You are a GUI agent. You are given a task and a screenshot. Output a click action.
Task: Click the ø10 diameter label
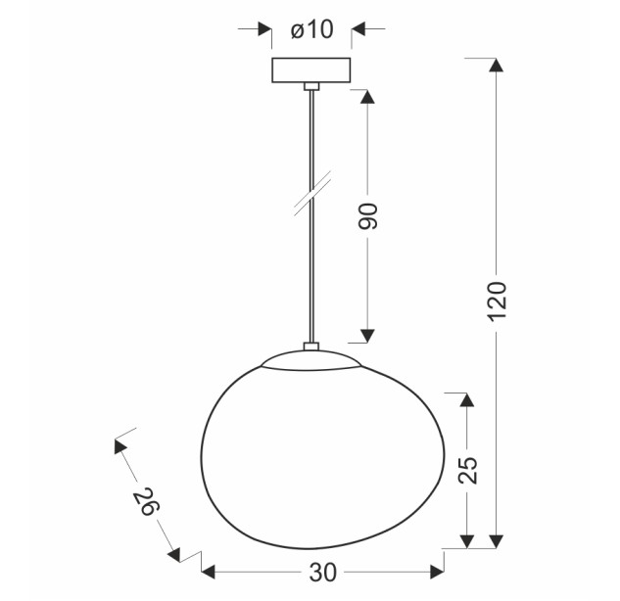tap(312, 29)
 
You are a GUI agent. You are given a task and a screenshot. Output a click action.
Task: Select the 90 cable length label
tap(367, 215)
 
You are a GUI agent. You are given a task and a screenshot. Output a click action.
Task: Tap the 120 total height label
tap(497, 301)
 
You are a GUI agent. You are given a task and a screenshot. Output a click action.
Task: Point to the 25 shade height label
tap(468, 470)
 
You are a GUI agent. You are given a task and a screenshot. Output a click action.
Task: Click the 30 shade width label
tap(322, 573)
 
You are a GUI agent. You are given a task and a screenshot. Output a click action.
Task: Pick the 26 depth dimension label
tap(146, 501)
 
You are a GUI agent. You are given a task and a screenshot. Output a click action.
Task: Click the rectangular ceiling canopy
tap(311, 70)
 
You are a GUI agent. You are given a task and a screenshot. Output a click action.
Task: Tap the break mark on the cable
tap(312, 193)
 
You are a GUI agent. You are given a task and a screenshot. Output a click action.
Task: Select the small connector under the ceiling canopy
tap(311, 86)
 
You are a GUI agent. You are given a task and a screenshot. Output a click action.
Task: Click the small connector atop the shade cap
tap(311, 347)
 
